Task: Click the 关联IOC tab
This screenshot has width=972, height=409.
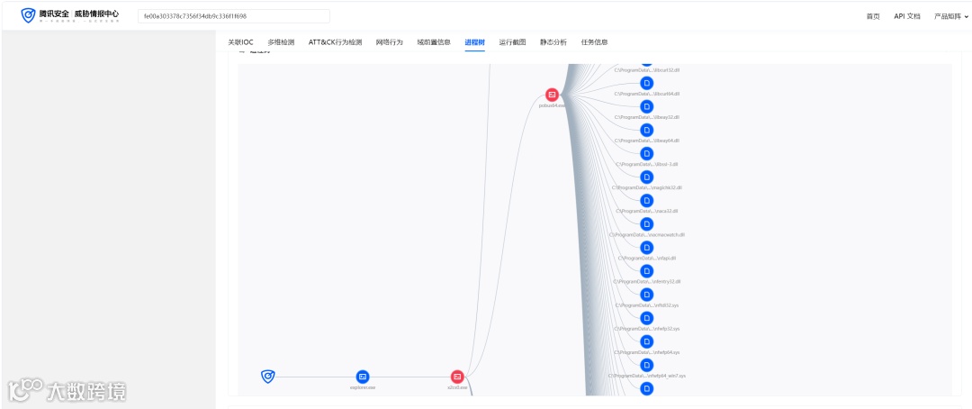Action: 240,42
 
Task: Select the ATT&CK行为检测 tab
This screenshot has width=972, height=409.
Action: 335,42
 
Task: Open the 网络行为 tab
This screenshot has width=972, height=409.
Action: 389,42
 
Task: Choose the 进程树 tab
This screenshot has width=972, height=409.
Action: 474,42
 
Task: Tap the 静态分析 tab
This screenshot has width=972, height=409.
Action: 553,42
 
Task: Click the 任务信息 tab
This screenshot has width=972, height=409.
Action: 594,42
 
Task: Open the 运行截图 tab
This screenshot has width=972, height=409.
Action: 512,42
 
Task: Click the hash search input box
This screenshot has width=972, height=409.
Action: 234,16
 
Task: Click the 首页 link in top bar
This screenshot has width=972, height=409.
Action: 873,16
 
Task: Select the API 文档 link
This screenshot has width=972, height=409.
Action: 907,16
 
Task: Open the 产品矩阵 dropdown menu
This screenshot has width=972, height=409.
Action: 951,16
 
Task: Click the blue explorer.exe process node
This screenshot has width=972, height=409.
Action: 363,377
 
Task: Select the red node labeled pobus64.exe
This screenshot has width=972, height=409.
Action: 553,95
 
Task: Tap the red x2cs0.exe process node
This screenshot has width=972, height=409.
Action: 457,377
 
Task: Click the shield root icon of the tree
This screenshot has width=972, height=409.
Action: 267,377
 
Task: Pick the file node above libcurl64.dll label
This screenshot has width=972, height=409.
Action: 646,83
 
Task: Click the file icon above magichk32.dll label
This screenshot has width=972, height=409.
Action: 646,177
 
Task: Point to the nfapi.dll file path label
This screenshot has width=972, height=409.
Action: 646,258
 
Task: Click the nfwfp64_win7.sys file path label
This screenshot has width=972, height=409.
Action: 646,375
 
